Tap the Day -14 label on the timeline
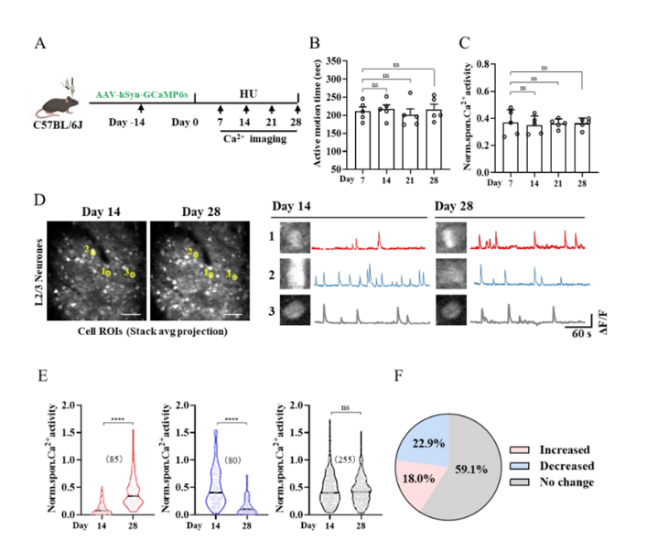coord(126,122)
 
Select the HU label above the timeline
coord(248,94)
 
